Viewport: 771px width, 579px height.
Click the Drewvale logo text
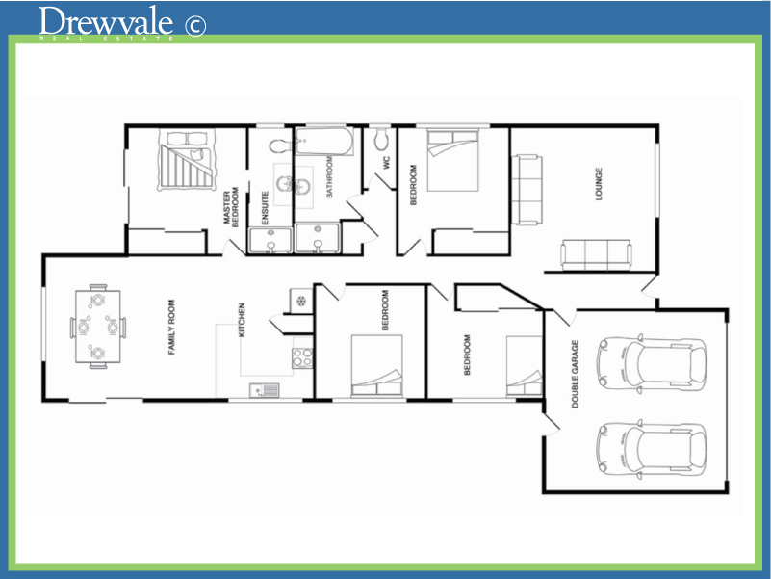(107, 21)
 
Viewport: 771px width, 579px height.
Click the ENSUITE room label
(265, 207)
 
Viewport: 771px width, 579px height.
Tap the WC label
(387, 163)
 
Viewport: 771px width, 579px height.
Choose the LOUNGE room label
(598, 184)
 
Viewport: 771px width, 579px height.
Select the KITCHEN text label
(243, 322)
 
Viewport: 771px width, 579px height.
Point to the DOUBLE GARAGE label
(576, 374)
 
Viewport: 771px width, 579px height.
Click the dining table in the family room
(98, 326)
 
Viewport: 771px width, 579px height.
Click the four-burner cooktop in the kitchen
(301, 357)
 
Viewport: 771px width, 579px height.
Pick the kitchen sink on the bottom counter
(264, 390)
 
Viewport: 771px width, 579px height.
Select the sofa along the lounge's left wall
(527, 189)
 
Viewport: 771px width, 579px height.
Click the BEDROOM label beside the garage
(468, 355)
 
